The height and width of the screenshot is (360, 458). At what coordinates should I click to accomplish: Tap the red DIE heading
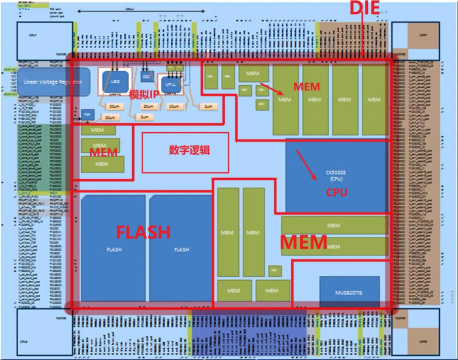pos(364,8)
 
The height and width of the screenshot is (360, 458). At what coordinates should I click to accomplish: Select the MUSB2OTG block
pos(349,292)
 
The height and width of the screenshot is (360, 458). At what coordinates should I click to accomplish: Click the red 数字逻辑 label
pos(189,150)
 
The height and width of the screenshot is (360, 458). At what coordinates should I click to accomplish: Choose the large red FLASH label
pos(143,232)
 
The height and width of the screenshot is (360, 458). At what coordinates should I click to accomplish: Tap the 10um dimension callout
pos(173,106)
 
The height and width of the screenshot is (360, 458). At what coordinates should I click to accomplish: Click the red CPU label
pos(337,193)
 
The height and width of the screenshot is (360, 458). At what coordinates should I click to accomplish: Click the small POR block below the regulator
pos(87,114)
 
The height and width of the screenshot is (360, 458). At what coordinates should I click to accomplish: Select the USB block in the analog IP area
pos(114,80)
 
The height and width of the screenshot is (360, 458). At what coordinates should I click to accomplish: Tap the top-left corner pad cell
pos(44,41)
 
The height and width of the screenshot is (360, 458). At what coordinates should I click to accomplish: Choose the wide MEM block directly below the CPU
pos(334,225)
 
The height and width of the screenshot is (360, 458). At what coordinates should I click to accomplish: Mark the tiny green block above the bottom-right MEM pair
pos(275,271)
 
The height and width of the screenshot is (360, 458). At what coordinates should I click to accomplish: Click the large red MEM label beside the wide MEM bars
pos(304,243)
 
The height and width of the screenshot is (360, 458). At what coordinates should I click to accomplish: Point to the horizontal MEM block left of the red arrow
pos(253,73)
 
